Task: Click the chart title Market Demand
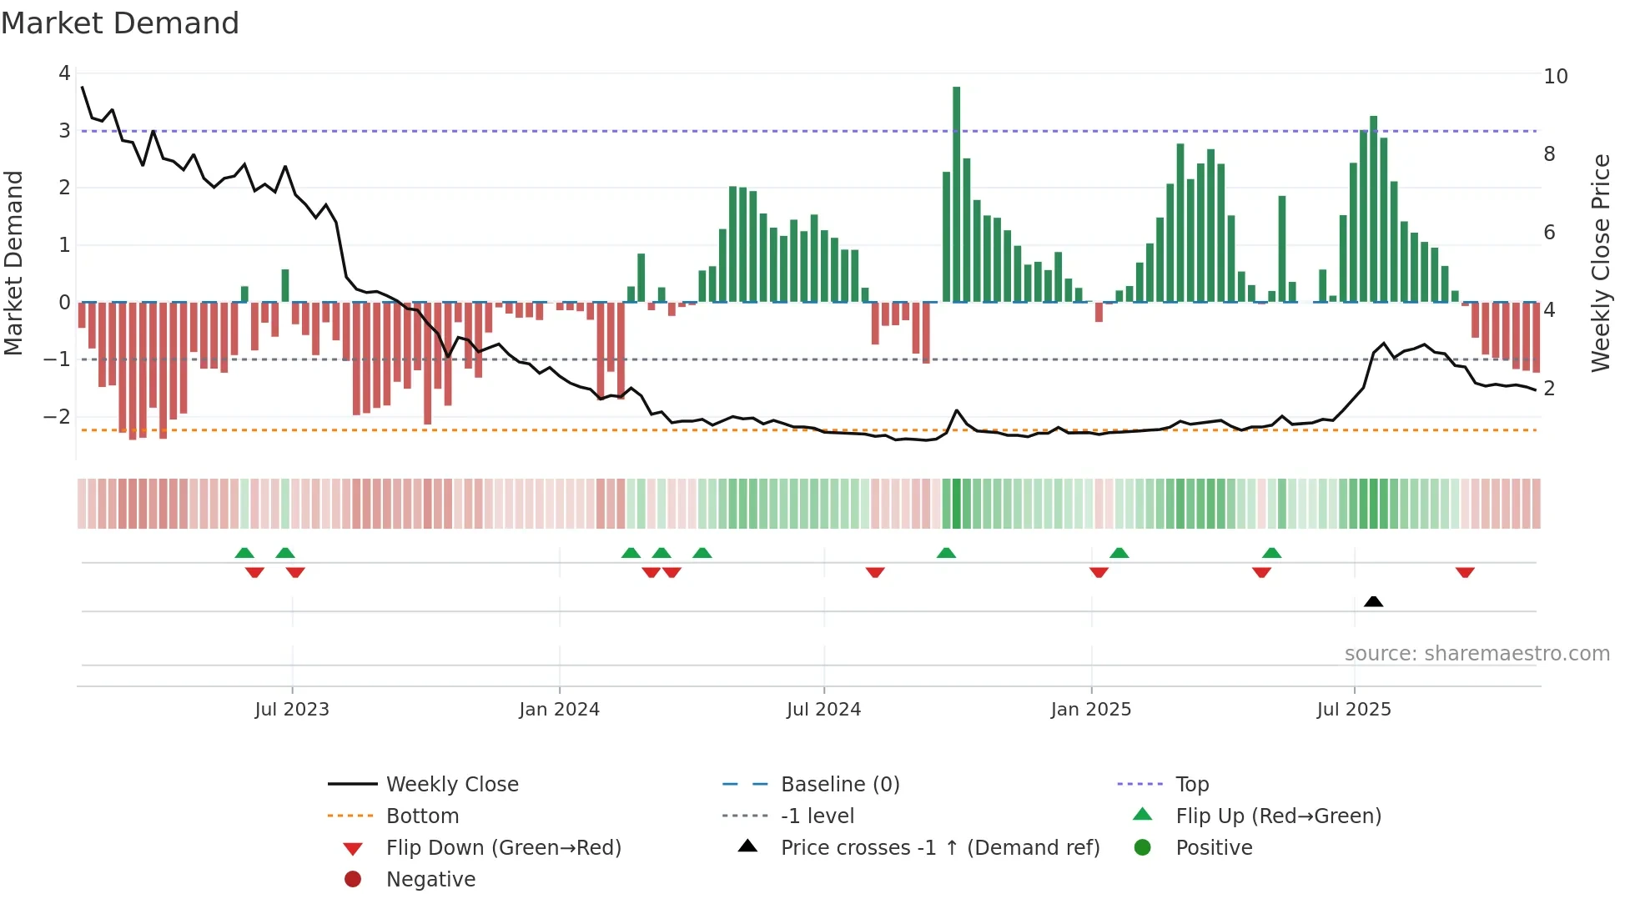click(x=120, y=23)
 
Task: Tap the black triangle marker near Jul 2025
click(x=1373, y=601)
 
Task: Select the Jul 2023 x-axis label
click(x=292, y=710)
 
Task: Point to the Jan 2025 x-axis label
click(x=1090, y=710)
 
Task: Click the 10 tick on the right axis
click(x=1555, y=77)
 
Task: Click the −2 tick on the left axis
click(x=57, y=416)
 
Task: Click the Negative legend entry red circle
click(x=353, y=879)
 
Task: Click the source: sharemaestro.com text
click(x=1477, y=653)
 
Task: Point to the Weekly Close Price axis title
click(x=1600, y=263)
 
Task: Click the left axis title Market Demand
click(x=13, y=263)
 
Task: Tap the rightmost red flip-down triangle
click(x=1465, y=572)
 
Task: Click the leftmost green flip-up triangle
click(x=244, y=553)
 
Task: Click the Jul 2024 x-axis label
click(x=823, y=710)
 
